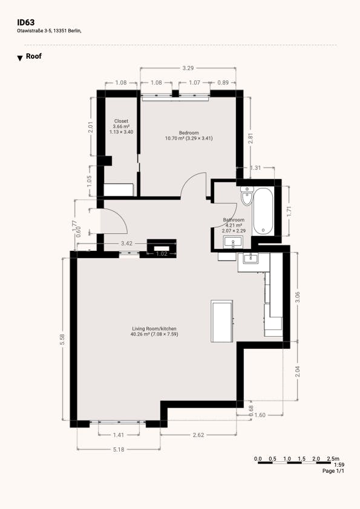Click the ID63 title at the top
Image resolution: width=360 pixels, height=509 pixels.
coord(25,22)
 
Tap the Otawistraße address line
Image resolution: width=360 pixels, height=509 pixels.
coord(49,31)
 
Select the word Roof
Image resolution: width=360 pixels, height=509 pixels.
coord(34,56)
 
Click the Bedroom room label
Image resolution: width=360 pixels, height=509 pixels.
coord(189,133)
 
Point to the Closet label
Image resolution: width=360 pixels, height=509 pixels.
coord(121,121)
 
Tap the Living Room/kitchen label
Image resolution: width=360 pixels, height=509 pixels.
coord(154,328)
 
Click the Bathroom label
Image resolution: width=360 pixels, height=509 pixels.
coord(234,220)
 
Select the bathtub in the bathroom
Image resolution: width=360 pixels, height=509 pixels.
coord(263,212)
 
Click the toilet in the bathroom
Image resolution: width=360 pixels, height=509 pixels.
coord(247,196)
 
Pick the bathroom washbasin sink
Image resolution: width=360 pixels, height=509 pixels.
coord(233,242)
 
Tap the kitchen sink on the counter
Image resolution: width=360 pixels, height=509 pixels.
coord(250,258)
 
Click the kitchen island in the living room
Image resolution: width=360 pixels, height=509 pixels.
coord(222,321)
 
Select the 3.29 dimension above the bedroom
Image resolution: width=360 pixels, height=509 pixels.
coord(188,68)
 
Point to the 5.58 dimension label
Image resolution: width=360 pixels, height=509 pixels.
coord(62,340)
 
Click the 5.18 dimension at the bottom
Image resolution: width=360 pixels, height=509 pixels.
coord(119,450)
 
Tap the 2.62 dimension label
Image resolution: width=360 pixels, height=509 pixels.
coord(198,435)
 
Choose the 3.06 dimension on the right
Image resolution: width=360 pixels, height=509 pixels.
coord(298,297)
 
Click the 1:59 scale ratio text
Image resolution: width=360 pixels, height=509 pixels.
coord(339,465)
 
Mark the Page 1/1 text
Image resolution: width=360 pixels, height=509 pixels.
coord(333,471)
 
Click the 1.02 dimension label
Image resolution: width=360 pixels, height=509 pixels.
coord(162,254)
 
